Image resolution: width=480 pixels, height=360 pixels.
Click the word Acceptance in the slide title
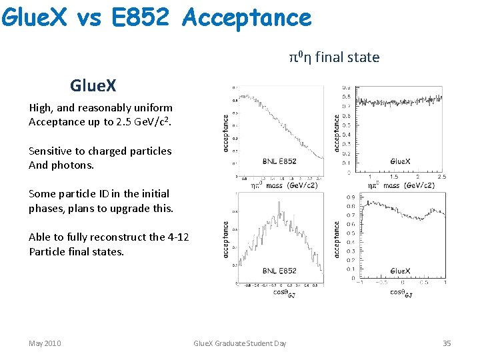pyautogui.click(x=246, y=17)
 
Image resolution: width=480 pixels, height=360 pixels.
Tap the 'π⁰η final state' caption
pyautogui.click(x=334, y=57)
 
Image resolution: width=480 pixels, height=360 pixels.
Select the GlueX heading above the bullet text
pyautogui.click(x=93, y=85)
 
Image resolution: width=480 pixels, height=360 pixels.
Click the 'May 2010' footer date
pyautogui.click(x=45, y=343)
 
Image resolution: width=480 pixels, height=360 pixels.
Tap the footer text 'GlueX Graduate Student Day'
pyautogui.click(x=239, y=343)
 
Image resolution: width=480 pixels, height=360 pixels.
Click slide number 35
pyautogui.click(x=447, y=343)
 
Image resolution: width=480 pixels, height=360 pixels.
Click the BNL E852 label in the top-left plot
pyautogui.click(x=279, y=161)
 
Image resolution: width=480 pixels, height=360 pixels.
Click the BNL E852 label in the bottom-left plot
pyautogui.click(x=279, y=271)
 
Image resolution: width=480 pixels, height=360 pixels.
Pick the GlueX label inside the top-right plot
pyautogui.click(x=401, y=161)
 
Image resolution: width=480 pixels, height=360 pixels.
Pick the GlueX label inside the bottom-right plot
pyautogui.click(x=401, y=271)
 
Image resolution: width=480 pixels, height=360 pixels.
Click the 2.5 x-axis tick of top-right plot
pyautogui.click(x=441, y=177)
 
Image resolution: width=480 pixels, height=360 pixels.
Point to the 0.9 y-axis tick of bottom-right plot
pyautogui.click(x=350, y=197)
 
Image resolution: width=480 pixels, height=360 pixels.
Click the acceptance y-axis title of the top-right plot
pyautogui.click(x=337, y=132)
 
